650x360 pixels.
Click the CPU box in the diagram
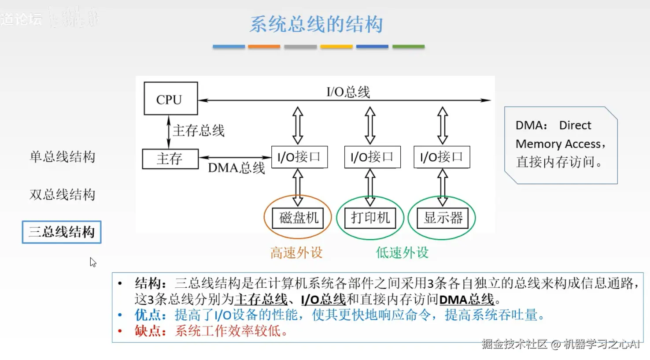click(x=170, y=99)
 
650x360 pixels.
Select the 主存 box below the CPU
click(x=170, y=159)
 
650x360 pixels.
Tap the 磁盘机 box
click(x=298, y=218)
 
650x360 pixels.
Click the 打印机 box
click(x=370, y=218)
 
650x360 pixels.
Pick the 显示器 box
click(x=443, y=218)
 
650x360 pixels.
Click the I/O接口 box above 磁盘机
click(x=299, y=157)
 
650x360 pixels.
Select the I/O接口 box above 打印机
click(x=372, y=157)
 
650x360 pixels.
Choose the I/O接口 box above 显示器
click(x=442, y=157)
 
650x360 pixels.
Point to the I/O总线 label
click(x=348, y=92)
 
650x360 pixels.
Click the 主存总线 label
click(x=198, y=130)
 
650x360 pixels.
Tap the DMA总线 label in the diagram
click(x=236, y=168)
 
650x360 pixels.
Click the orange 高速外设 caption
click(x=296, y=252)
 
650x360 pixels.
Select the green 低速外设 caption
click(x=402, y=252)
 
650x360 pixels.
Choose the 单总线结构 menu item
click(x=62, y=156)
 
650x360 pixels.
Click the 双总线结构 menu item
click(x=62, y=194)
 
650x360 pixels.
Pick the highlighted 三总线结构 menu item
click(x=62, y=232)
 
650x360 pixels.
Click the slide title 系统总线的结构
click(x=316, y=24)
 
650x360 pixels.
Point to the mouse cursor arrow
click(x=92, y=262)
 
